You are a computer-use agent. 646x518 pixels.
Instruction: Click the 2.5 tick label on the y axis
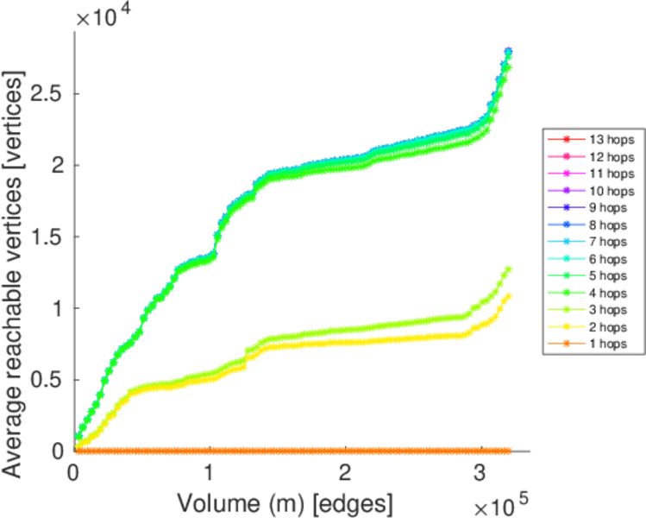(x=48, y=92)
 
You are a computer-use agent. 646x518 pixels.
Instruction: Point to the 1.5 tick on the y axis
(x=48, y=236)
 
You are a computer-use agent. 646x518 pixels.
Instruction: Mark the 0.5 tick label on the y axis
(x=48, y=379)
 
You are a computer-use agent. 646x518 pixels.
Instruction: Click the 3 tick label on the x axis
(x=481, y=474)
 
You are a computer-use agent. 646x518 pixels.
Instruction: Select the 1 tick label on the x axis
(x=210, y=474)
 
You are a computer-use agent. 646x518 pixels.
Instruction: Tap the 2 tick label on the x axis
(x=346, y=474)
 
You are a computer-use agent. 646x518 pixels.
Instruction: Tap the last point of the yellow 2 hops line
(x=508, y=296)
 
